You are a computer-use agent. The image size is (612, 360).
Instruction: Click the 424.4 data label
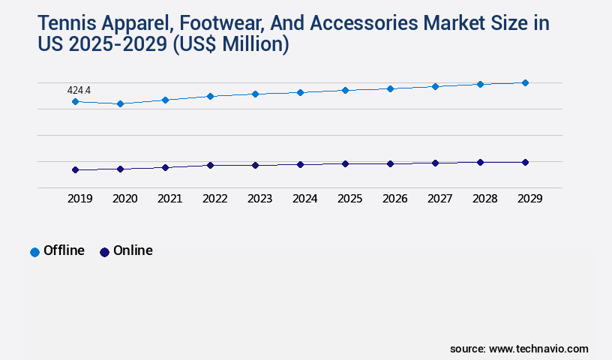(78, 91)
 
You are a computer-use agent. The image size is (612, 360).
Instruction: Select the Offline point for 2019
(75, 101)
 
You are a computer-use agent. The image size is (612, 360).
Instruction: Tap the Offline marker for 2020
(120, 103)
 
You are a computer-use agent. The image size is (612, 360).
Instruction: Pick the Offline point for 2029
(525, 82)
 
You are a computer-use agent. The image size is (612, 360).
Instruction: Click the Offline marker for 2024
(300, 92)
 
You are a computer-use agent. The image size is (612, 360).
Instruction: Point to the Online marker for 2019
(75, 169)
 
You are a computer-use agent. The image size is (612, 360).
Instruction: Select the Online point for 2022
(210, 165)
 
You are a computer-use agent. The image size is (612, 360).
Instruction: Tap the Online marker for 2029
(525, 162)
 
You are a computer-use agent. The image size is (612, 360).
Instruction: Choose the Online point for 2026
(390, 163)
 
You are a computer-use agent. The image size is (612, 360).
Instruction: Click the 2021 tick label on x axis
(169, 199)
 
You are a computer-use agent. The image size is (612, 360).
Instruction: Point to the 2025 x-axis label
(349, 199)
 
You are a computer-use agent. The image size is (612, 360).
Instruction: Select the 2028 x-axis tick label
(484, 199)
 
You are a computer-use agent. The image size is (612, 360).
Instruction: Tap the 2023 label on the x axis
(259, 199)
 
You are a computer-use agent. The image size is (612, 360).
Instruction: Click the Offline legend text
(64, 250)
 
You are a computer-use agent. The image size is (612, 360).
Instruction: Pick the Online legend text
(133, 250)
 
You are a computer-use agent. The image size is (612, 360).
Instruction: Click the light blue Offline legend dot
(34, 252)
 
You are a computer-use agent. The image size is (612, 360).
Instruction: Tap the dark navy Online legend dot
(104, 252)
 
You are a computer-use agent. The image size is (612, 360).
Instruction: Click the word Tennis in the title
(67, 23)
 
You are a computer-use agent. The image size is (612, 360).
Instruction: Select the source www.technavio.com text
(519, 349)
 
